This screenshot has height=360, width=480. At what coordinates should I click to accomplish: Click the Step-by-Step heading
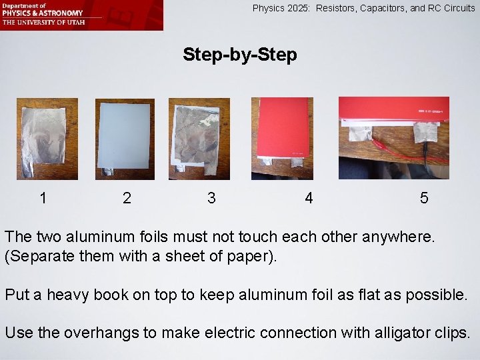[240, 55]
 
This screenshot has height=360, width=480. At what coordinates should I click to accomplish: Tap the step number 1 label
[43, 198]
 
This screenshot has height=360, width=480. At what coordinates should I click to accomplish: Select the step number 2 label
[127, 198]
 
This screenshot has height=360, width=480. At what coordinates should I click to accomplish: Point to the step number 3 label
[211, 198]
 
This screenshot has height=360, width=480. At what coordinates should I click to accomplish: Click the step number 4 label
[309, 198]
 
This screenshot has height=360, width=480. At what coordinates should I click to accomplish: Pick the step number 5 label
[424, 198]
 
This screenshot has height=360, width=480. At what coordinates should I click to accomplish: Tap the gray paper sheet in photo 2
[124, 135]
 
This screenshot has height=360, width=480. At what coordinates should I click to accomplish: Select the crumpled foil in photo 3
[197, 135]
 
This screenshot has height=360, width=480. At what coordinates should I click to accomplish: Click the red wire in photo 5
[407, 151]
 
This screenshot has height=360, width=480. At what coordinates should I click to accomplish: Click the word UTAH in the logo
[77, 22]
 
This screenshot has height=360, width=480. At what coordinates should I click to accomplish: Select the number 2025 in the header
[298, 8]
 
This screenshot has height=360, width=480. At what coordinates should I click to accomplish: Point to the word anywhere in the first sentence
[398, 237]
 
